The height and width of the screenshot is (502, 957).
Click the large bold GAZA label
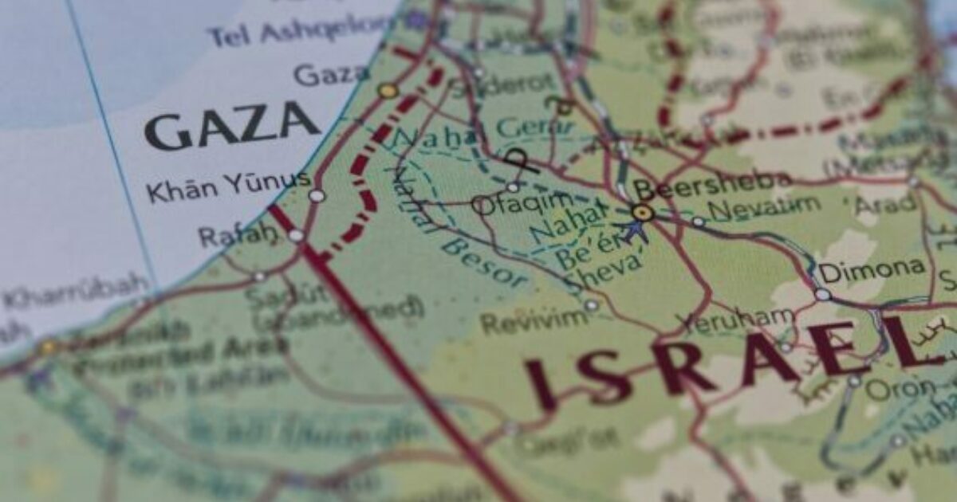pyautogui.click(x=232, y=127)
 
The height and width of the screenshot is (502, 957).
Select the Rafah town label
pyautogui.click(x=233, y=236)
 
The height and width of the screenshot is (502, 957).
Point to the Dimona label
pyautogui.click(x=872, y=270)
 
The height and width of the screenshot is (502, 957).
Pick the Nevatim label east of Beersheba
pyautogui.click(x=764, y=208)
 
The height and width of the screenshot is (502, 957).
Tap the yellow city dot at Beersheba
pyautogui.click(x=642, y=212)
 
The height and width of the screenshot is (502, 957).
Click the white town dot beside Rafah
pyautogui.click(x=296, y=236)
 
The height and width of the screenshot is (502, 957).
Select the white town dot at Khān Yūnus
pyautogui.click(x=317, y=195)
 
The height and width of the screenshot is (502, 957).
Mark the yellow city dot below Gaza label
pyautogui.click(x=388, y=91)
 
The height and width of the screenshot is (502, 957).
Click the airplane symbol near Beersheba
pyautogui.click(x=635, y=232)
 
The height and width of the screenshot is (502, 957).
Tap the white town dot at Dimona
pyautogui.click(x=822, y=294)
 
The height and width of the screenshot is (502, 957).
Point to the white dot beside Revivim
pyautogui.click(x=591, y=305)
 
